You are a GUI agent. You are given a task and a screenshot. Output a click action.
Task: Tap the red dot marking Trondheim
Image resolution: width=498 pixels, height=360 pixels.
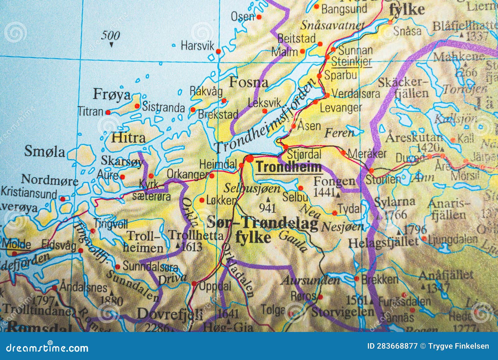(x=249, y=159)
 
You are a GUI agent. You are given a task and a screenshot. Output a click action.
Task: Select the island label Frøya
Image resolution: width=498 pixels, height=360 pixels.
(x=112, y=94)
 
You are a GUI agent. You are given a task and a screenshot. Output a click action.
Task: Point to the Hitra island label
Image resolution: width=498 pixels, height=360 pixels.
(x=128, y=138)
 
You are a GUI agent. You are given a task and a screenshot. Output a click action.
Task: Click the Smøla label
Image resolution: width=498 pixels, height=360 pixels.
(x=45, y=152)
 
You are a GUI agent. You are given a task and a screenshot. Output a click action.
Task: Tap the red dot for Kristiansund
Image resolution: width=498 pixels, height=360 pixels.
(x=63, y=199)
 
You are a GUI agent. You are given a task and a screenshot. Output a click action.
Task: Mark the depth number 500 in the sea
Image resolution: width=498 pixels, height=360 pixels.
(x=110, y=36)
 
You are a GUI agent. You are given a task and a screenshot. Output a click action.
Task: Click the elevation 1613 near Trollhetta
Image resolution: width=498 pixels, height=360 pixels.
(x=192, y=247)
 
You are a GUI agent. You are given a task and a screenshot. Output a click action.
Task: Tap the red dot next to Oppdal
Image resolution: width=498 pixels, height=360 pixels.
(x=194, y=284)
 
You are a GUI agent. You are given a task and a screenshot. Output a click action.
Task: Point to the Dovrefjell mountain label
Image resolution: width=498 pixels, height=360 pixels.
(x=170, y=314)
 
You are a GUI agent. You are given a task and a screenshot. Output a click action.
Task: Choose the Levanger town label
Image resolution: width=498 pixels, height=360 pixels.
(x=341, y=108)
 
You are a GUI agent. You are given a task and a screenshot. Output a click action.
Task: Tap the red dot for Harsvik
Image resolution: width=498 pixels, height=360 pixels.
(x=218, y=51)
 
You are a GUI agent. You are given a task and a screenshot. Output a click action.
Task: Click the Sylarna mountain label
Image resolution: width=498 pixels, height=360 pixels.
(x=394, y=202)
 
